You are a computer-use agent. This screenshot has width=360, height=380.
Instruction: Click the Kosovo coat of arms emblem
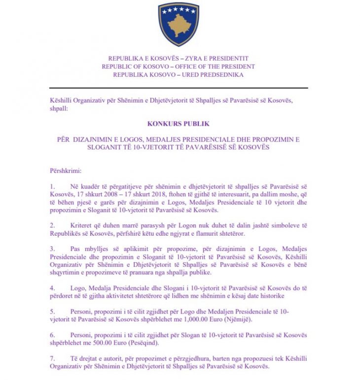(179, 24)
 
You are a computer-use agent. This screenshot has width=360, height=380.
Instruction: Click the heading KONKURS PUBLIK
(179, 124)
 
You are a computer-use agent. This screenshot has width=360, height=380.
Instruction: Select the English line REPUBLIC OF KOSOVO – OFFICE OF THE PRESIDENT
(179, 67)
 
